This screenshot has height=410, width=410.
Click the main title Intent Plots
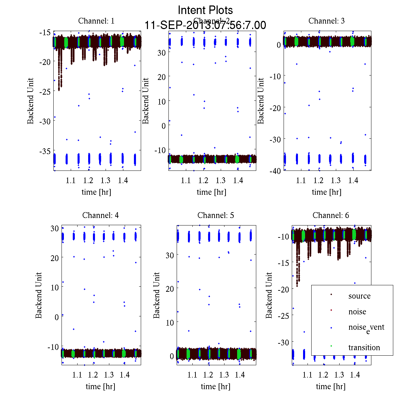[205, 10]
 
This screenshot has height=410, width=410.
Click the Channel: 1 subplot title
[96, 21]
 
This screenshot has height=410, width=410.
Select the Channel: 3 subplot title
[326, 21]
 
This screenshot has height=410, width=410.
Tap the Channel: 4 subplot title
[100, 215]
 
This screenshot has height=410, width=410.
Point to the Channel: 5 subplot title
[216, 215]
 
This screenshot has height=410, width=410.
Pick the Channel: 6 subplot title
[331, 215]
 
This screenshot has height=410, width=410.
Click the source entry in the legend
[359, 296]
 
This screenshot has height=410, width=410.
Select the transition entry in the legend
[364, 347]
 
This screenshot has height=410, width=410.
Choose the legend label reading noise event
[366, 327]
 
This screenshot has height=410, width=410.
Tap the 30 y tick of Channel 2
[161, 53]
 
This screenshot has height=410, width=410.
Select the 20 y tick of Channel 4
[54, 258]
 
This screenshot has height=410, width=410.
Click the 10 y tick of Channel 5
[169, 322]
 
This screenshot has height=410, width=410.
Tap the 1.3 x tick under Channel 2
[221, 180]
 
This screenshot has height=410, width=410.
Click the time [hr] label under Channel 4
[100, 386]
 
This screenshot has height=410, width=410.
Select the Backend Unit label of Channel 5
[156, 295]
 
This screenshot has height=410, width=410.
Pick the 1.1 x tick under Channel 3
[301, 180]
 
